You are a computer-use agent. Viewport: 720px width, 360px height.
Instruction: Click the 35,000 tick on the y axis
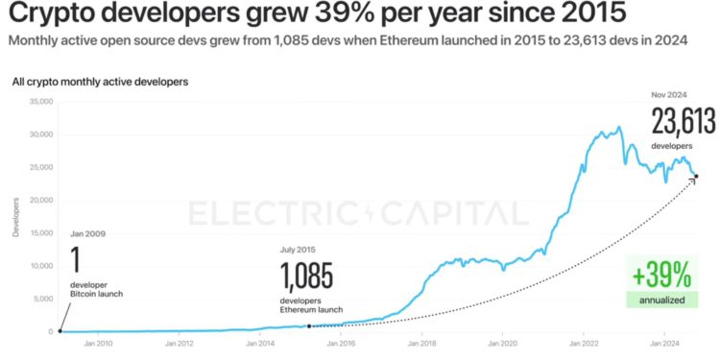(39, 101)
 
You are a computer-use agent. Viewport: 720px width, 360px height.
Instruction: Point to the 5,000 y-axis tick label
(42, 299)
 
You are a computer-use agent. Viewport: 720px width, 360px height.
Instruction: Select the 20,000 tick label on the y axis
(39, 200)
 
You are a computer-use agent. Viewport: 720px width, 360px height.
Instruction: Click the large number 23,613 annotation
(684, 124)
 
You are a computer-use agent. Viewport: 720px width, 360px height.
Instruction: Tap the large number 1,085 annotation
(307, 277)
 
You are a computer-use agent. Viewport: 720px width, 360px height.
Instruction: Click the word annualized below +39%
(661, 300)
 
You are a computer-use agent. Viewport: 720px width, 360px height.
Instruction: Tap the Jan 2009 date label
(88, 233)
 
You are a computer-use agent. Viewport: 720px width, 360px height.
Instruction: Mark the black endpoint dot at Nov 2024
(695, 176)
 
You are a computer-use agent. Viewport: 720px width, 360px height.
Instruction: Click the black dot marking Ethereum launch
(308, 326)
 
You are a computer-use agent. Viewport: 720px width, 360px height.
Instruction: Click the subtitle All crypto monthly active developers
(100, 82)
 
